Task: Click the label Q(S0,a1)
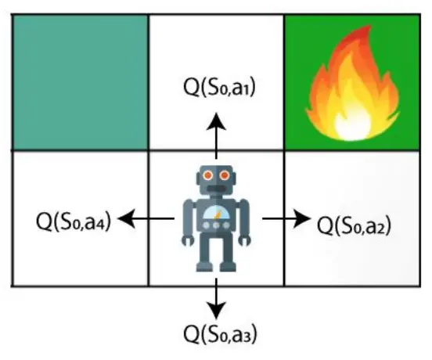click(219, 88)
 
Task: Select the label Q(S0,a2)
click(354, 225)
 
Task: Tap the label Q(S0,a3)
click(220, 334)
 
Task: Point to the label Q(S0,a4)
click(74, 221)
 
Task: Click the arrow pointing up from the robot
click(216, 135)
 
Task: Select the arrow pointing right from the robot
click(286, 218)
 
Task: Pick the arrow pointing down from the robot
click(216, 299)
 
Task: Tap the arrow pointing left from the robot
click(146, 218)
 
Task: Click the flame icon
click(353, 84)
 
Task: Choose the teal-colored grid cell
click(80, 82)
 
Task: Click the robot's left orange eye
click(208, 175)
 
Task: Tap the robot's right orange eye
click(225, 175)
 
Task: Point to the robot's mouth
click(216, 189)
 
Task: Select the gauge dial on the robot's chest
click(216, 214)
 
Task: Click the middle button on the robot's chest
click(216, 225)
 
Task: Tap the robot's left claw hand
click(188, 240)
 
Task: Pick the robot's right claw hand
click(245, 240)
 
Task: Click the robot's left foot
click(204, 267)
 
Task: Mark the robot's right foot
click(228, 267)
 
